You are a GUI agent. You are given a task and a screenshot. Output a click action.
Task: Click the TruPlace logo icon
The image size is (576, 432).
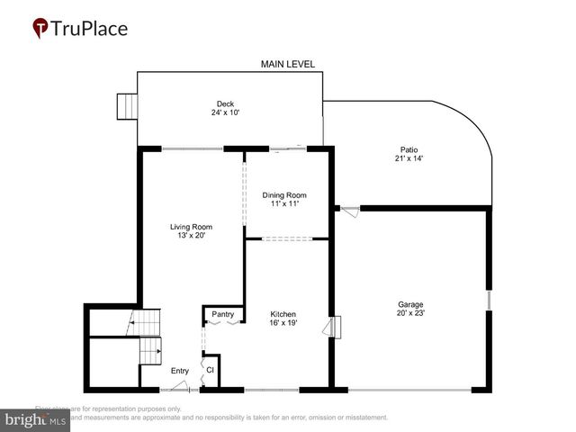click(40, 29)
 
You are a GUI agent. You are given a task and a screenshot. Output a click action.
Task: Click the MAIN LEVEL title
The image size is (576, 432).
click(287, 64)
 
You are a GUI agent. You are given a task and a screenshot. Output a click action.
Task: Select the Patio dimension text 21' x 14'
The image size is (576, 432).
click(409, 158)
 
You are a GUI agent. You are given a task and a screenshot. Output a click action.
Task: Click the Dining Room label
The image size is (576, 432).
click(284, 195)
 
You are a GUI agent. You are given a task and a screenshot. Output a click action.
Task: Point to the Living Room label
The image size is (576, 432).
click(190, 227)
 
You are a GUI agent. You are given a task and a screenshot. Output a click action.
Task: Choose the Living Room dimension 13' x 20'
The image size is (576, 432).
click(190, 236)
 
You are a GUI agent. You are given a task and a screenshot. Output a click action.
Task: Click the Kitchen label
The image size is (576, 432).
click(283, 314)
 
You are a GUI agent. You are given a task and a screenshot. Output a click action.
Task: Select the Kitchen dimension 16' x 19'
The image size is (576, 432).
click(283, 323)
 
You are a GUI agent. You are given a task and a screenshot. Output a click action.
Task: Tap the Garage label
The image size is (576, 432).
click(410, 304)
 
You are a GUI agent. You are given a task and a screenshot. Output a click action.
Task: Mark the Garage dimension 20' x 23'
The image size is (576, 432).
click(410, 313)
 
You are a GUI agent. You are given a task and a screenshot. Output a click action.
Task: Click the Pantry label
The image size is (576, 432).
click(222, 314)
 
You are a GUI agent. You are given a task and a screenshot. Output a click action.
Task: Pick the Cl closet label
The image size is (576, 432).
click(210, 369)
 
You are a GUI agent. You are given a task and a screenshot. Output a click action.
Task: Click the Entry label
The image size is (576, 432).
click(180, 370)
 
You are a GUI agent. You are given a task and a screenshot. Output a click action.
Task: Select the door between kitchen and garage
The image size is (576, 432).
click(336, 327)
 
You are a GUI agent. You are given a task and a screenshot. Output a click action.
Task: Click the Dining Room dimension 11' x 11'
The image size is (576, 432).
click(284, 204)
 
